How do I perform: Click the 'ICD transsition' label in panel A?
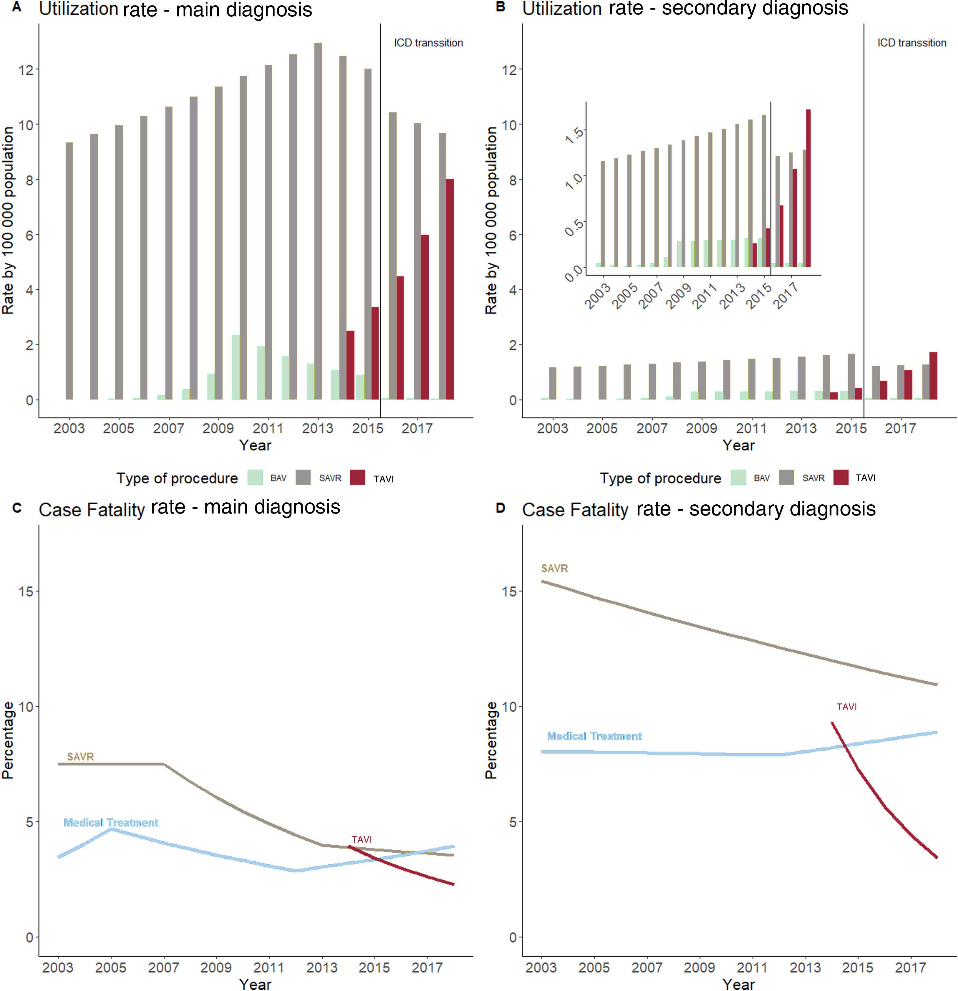(x=428, y=43)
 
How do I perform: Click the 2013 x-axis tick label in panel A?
(x=317, y=429)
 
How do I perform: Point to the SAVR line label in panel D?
(x=554, y=568)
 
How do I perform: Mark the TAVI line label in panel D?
(x=846, y=707)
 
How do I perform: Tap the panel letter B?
(x=500, y=7)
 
